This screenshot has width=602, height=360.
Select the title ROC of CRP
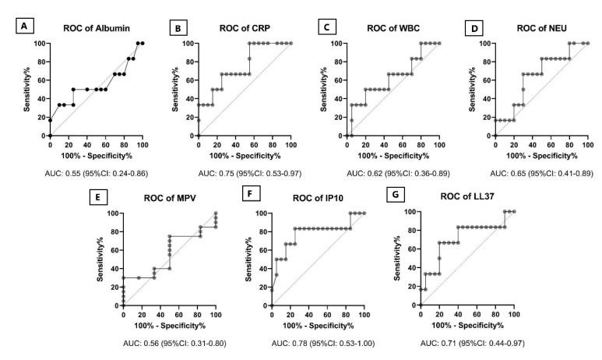pos(244,29)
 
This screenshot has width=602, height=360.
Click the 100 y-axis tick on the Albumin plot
pos(41,43)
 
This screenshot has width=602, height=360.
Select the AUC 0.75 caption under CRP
pos(244,170)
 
